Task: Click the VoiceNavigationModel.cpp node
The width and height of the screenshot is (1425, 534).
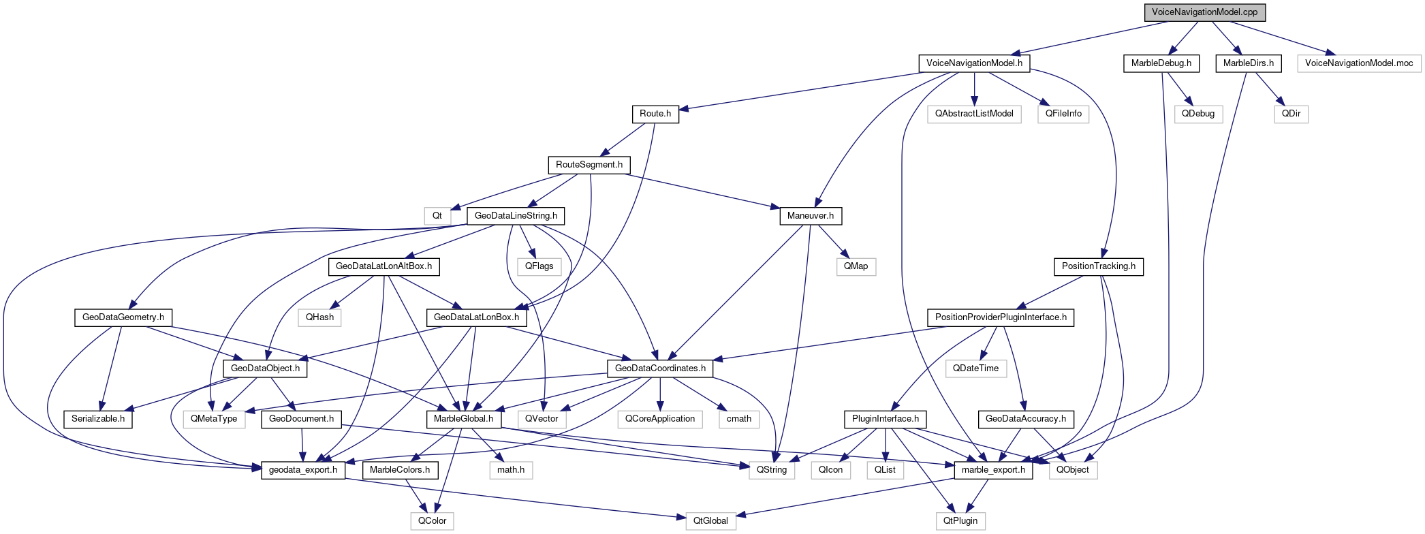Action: (x=1205, y=12)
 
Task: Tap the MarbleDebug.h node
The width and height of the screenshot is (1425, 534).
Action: (x=1161, y=63)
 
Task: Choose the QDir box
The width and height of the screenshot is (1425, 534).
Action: (x=1291, y=114)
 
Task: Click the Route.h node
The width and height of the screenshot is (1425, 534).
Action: (x=655, y=114)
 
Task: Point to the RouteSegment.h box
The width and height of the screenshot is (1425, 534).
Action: (x=589, y=165)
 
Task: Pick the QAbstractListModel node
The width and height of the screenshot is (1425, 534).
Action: (x=974, y=114)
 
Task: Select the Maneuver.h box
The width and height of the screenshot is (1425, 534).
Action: (x=811, y=216)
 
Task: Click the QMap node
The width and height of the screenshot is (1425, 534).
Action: (x=856, y=266)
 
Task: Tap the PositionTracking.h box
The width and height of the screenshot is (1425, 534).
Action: (x=1099, y=266)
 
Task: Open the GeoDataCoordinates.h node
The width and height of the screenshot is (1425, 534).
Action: (x=660, y=368)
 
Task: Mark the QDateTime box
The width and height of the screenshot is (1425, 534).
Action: (x=975, y=368)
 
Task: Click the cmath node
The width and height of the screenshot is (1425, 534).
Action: (x=739, y=419)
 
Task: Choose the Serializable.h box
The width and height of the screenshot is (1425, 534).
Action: (x=98, y=419)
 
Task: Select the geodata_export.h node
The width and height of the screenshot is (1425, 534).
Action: (x=303, y=470)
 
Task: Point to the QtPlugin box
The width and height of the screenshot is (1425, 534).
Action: (x=960, y=521)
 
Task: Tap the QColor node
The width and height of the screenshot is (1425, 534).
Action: (x=433, y=521)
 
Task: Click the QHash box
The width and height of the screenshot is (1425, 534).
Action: (x=319, y=317)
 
